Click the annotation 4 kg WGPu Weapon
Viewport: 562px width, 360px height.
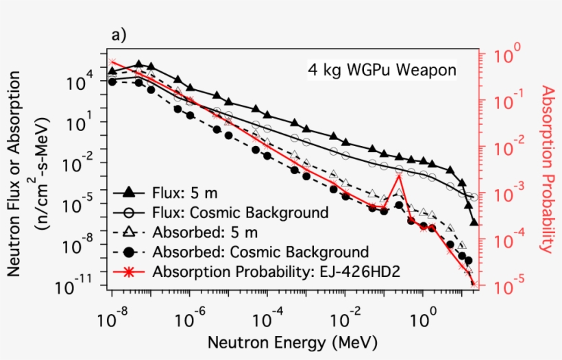pyautogui.click(x=381, y=70)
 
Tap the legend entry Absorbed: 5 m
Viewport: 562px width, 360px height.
pyautogui.click(x=197, y=231)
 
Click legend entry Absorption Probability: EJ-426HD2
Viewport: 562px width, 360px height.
pyautogui.click(x=277, y=271)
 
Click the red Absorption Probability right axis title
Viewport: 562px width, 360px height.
pyautogui.click(x=546, y=169)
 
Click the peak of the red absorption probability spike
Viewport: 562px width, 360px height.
pyautogui.click(x=398, y=175)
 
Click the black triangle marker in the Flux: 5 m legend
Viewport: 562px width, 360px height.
pyautogui.click(x=127, y=192)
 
